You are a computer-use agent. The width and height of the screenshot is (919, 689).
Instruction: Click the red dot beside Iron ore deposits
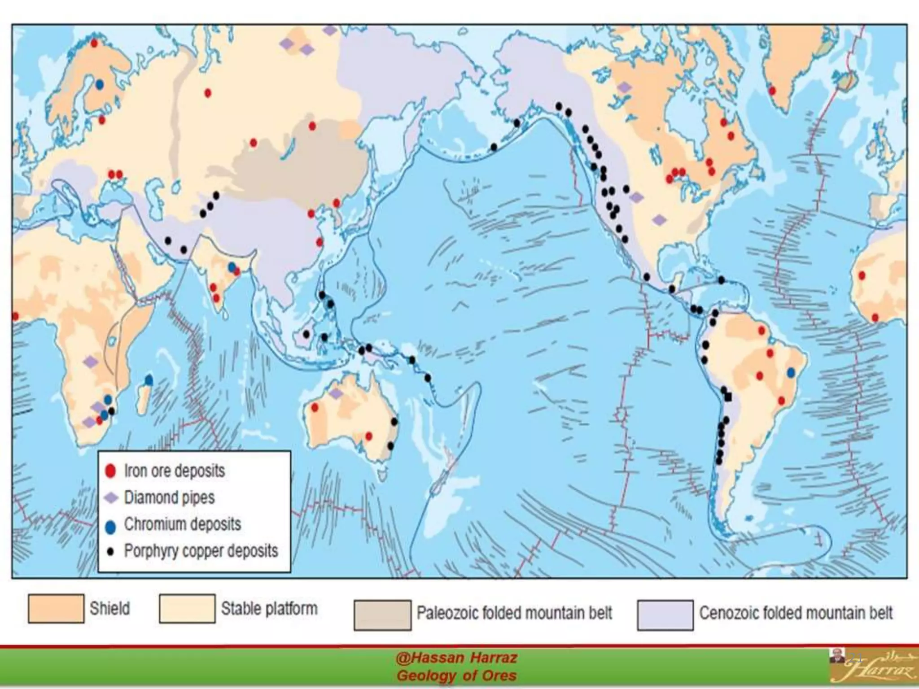tap(110, 471)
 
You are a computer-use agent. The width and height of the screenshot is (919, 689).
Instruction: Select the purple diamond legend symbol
tap(111, 498)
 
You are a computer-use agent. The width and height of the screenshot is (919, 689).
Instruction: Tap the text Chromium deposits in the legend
tap(182, 524)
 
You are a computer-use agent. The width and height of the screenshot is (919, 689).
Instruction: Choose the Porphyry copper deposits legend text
tap(201, 551)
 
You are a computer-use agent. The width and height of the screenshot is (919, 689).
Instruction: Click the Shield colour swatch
tap(56, 609)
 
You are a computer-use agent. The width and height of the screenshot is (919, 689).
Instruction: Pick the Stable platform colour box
tap(187, 609)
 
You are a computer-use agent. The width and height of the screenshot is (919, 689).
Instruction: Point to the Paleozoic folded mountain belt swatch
tap(382, 615)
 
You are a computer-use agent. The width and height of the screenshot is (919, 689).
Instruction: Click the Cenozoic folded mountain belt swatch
tap(665, 615)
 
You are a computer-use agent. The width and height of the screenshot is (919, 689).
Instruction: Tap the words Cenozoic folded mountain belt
tap(796, 613)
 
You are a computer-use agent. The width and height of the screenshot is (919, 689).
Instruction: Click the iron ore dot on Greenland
tap(772, 91)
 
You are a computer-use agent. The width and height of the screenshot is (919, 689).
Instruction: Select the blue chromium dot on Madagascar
tap(149, 380)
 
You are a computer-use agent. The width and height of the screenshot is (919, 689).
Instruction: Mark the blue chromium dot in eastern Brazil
tap(791, 372)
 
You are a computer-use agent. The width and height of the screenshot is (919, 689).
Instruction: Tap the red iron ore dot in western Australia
tap(315, 408)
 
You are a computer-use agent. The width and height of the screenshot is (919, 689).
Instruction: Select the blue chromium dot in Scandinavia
tap(99, 84)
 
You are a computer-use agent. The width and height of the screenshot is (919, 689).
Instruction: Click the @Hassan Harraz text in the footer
tap(456, 658)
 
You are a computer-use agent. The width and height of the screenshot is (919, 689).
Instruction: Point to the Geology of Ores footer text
tap(456, 676)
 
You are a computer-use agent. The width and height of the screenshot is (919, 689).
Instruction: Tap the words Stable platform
tap(269, 609)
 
